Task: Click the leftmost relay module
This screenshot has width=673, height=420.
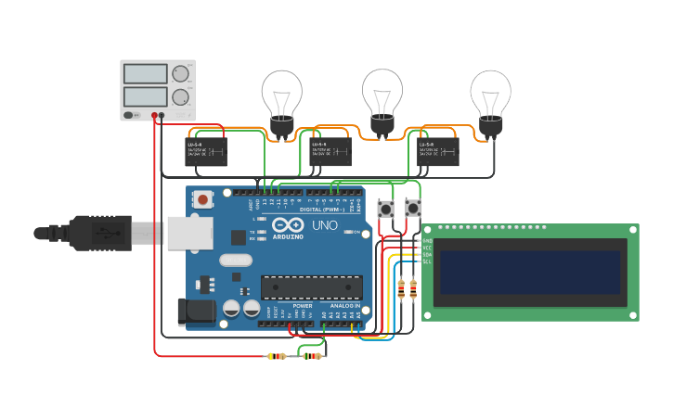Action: point(206,151)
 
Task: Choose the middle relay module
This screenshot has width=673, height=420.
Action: point(330,151)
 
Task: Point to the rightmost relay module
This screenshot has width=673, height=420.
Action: point(437,151)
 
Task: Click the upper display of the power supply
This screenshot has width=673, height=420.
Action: point(145,73)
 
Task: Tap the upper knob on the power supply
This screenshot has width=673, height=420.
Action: point(180,73)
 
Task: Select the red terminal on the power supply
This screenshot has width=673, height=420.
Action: point(154,116)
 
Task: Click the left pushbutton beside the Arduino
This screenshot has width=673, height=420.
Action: point(385,209)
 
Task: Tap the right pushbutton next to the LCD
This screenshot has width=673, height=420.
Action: point(413,209)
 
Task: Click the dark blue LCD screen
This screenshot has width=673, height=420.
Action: point(530,272)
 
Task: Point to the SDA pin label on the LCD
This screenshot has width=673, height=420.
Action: point(427,255)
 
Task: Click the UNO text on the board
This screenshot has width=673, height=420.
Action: point(325,225)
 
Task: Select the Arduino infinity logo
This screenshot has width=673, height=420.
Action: point(289,225)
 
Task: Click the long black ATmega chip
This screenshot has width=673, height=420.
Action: point(311,287)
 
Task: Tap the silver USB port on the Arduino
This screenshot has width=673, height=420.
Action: point(189,234)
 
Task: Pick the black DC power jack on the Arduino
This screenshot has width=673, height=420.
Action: point(195,311)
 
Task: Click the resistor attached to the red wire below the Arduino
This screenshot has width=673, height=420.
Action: point(277,356)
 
